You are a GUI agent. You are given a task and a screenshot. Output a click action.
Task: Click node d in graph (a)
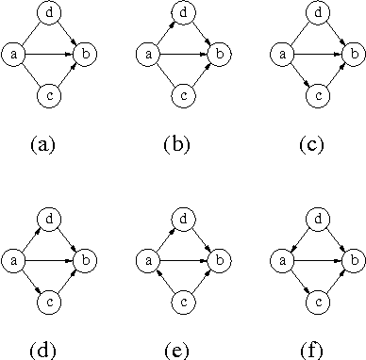coord(49,13)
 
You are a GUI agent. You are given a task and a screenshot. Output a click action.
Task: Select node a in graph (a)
coord(15,55)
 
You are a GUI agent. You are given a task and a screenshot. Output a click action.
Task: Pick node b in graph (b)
coord(217,55)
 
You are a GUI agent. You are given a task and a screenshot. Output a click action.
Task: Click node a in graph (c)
coord(281,55)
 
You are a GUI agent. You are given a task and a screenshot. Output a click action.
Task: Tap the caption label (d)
coord(43,351)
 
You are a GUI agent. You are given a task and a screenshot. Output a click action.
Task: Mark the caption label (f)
coord(311,351)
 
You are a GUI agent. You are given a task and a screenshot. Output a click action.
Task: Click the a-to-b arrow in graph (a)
coord(49,55)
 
